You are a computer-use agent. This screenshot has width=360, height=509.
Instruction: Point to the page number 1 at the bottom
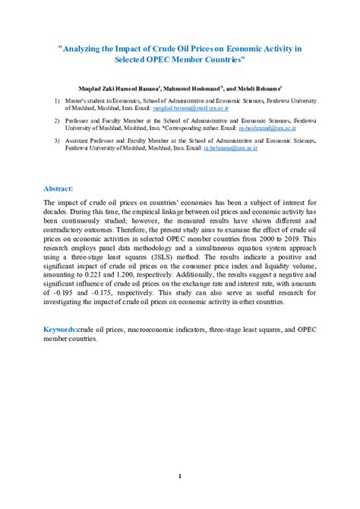tap(180, 476)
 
